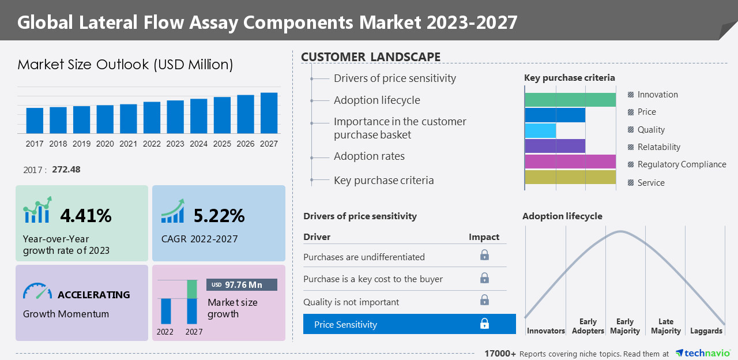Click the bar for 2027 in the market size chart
(x=269, y=113)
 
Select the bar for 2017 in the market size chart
(x=35, y=121)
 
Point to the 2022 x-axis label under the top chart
(x=152, y=144)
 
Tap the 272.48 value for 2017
(x=66, y=170)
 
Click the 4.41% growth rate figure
(x=86, y=216)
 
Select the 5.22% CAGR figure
(x=219, y=216)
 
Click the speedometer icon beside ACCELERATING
(x=37, y=292)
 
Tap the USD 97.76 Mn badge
(x=242, y=284)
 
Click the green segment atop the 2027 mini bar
(x=192, y=289)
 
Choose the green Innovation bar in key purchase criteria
(x=570, y=99)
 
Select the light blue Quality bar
(x=540, y=130)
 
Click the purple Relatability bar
(x=555, y=146)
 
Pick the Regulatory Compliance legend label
(x=681, y=164)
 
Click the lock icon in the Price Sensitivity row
(x=484, y=324)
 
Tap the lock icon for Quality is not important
(x=484, y=300)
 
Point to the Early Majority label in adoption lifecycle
(x=625, y=326)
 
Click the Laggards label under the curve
(x=706, y=331)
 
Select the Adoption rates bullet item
(x=369, y=156)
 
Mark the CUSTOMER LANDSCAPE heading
(x=371, y=57)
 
